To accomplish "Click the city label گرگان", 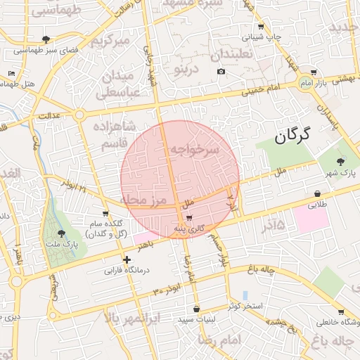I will (288, 136).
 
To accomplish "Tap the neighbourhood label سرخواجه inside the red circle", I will (194, 150).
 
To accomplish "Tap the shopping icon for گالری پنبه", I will (189, 217).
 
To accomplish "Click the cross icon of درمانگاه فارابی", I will (127, 259).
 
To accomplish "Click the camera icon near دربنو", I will (221, 71).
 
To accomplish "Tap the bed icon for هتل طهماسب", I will (11, 73).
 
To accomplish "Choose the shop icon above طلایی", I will (318, 194).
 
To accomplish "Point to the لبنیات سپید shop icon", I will (196, 309).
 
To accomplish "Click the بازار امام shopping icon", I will (313, 72).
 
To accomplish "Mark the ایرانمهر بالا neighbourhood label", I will (133, 319).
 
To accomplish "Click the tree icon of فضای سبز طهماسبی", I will (46, 39).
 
